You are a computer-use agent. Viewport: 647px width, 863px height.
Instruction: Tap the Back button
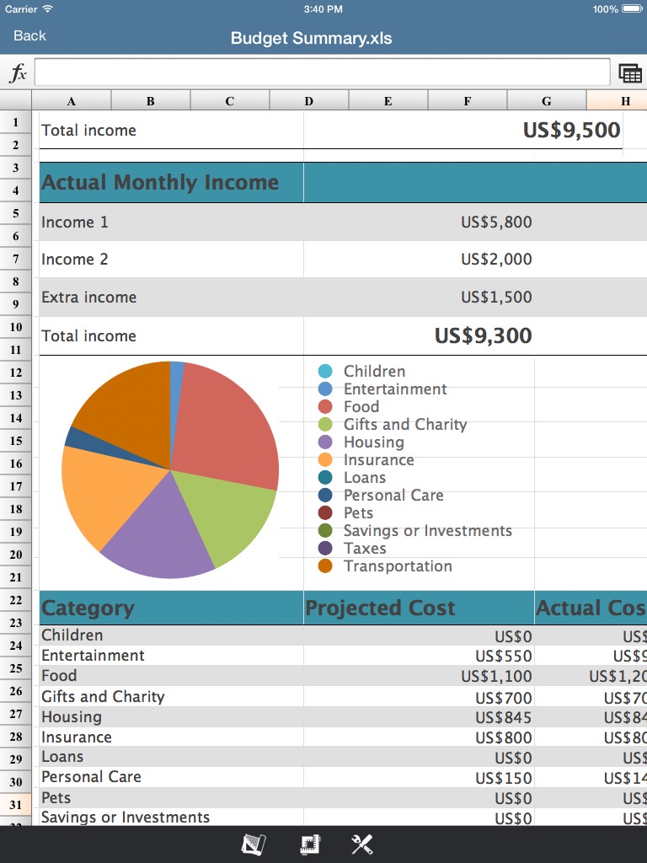coord(29,35)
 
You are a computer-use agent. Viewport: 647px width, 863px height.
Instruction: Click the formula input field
coord(322,72)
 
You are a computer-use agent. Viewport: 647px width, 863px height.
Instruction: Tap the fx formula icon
coord(18,73)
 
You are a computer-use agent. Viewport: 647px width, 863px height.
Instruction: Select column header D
coord(309,101)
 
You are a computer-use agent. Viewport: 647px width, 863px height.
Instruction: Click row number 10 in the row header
coord(16,327)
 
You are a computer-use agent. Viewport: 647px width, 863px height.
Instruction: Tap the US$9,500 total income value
coord(571,130)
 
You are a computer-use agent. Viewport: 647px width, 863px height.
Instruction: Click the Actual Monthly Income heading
coord(160,182)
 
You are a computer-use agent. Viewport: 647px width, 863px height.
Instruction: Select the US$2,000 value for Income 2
coord(496,260)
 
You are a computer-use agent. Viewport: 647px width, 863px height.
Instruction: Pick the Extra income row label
coord(88,297)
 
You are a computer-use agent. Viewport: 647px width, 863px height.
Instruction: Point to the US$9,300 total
coord(483,335)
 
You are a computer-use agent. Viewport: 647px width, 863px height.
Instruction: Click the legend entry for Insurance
coord(378,460)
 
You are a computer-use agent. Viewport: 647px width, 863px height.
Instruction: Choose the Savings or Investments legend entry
coord(427,531)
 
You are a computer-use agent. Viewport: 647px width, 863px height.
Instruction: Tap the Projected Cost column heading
coord(380,608)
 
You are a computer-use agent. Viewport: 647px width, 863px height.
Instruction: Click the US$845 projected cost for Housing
coord(503,717)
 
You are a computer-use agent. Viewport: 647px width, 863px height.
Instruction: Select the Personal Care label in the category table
coord(91,777)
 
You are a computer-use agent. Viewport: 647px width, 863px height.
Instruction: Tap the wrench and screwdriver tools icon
coord(362,844)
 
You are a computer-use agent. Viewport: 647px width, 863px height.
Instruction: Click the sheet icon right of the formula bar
coord(629,73)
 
